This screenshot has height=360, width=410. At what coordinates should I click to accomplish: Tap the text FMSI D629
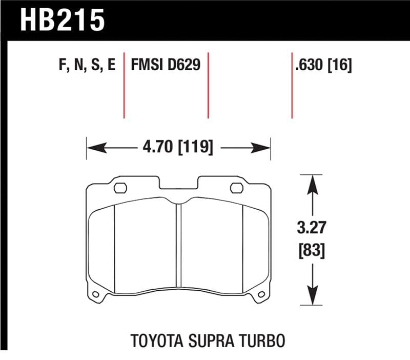165,66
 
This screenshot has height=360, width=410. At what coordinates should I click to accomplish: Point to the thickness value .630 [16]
323,66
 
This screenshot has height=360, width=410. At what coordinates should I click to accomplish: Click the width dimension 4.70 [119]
177,149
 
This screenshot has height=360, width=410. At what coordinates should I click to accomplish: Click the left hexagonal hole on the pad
120,187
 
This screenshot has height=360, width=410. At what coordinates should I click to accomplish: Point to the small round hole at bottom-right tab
262,294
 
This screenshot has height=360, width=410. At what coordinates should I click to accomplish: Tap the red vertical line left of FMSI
124,85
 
